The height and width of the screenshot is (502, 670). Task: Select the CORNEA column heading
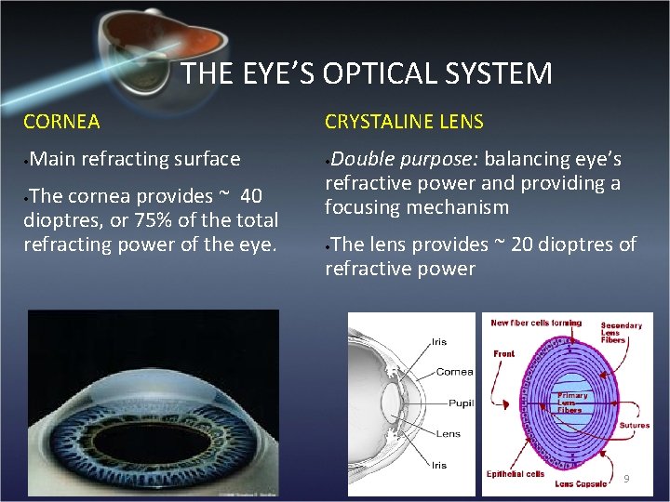[x=61, y=122]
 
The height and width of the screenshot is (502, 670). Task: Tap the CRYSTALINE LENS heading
[x=404, y=122]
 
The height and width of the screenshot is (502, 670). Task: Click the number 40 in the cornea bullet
[x=251, y=196]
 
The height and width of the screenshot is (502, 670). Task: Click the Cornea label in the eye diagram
[x=454, y=372]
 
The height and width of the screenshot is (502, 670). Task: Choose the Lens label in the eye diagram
[x=449, y=433]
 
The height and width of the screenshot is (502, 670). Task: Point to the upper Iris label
[x=438, y=342]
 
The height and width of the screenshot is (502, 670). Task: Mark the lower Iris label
[x=438, y=465]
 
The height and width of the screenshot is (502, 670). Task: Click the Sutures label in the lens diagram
[x=635, y=426]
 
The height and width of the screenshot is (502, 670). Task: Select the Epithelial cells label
[x=516, y=474]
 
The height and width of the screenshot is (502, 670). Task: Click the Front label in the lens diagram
[x=503, y=354]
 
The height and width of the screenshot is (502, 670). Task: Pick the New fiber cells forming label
[x=536, y=323]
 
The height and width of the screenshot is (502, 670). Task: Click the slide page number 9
[x=626, y=479]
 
